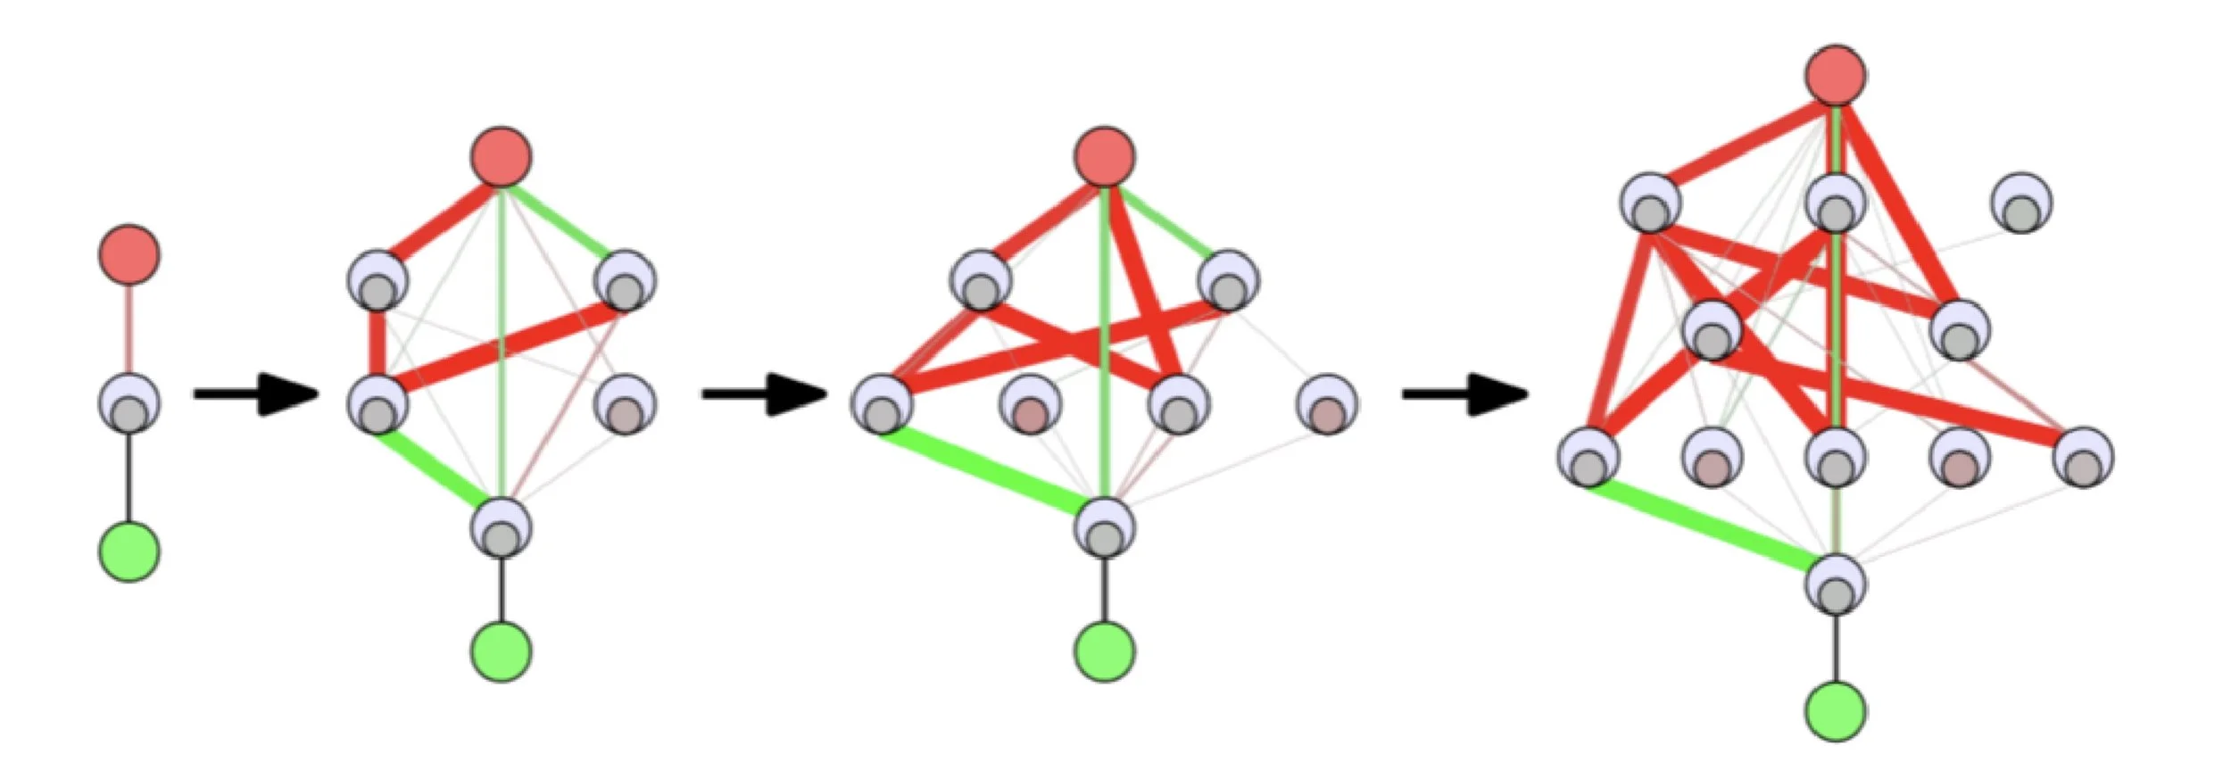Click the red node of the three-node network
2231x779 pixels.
tap(129, 254)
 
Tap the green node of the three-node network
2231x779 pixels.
tap(129, 551)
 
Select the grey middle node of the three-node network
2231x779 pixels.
tap(129, 404)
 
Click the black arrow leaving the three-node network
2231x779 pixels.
tap(254, 394)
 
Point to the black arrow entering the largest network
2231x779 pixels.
tap(1464, 394)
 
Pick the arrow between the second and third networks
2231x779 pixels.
tap(763, 394)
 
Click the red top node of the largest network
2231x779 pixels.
tap(1836, 75)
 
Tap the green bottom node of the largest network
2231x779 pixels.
tap(1836, 711)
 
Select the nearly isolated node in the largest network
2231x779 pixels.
tap(2021, 203)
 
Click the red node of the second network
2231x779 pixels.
tap(502, 156)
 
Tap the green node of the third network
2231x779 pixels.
tap(1105, 651)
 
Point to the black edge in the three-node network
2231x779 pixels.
tap(129, 477)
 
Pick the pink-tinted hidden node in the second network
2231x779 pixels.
tap(625, 406)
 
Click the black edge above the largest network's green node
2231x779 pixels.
tap(1836, 647)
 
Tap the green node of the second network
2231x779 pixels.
tap(502, 651)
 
